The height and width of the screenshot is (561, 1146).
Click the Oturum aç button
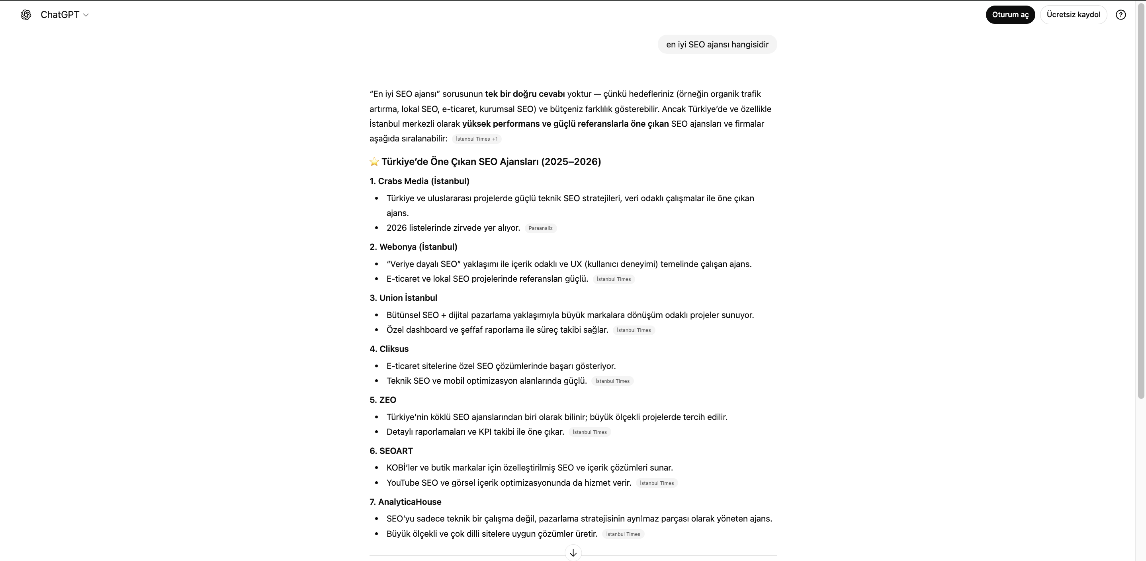tap(1010, 15)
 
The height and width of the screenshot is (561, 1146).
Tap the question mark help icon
tap(1121, 15)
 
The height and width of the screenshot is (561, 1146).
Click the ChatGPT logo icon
tap(26, 15)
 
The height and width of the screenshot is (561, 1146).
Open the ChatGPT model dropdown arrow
tap(86, 15)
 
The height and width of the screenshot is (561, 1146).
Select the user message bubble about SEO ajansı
tap(717, 45)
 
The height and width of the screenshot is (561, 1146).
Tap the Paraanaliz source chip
tap(540, 228)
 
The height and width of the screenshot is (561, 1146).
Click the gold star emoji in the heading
tap(374, 162)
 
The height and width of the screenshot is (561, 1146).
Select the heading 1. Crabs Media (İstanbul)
tap(419, 181)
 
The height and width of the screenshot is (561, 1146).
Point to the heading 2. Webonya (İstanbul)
tap(413, 247)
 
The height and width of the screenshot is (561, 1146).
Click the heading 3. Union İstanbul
tap(403, 298)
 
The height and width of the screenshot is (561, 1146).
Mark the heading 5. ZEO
tap(383, 400)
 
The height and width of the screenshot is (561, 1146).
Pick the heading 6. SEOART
tap(391, 451)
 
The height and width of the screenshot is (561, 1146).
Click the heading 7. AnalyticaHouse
tap(405, 502)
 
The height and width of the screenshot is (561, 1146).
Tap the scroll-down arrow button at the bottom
tap(573, 553)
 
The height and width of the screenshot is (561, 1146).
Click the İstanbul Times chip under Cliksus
tap(612, 381)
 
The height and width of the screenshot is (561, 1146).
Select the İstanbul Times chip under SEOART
tap(656, 483)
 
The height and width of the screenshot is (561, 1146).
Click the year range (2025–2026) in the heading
tap(571, 162)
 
